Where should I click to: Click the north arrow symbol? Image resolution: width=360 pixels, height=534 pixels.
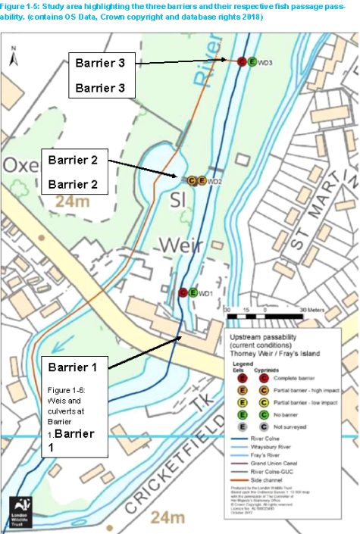[14, 55]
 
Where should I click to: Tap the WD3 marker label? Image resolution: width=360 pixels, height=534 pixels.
[265, 62]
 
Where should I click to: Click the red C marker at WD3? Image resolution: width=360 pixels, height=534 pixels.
[242, 62]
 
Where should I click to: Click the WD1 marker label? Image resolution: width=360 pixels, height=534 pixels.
[205, 293]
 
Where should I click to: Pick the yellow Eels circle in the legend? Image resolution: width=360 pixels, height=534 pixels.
[242, 401]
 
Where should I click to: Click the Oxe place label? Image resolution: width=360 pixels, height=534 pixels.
[20, 166]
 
